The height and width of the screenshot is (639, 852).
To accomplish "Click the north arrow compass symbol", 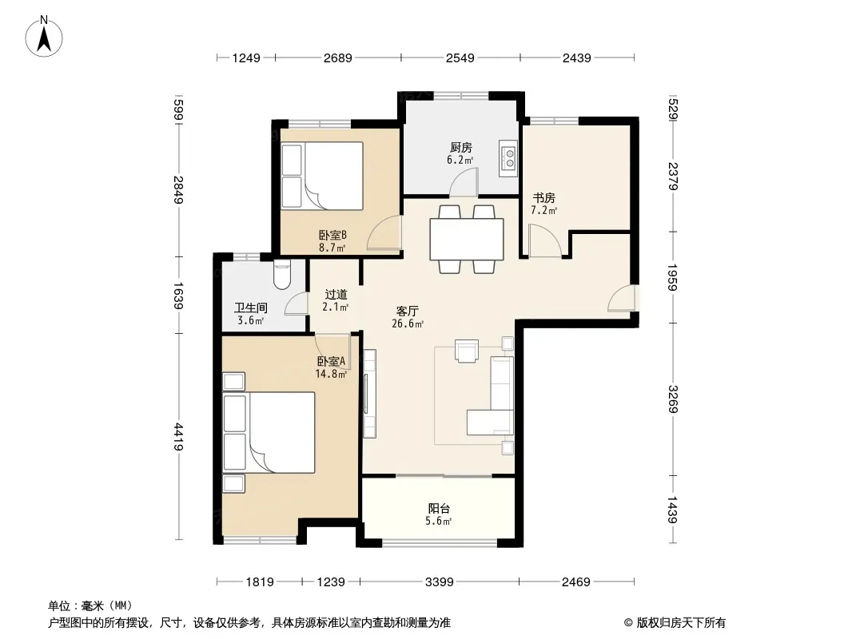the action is click(44, 37).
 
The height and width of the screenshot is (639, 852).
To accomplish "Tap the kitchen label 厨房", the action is click(461, 147).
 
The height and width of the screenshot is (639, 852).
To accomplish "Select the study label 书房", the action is click(543, 197).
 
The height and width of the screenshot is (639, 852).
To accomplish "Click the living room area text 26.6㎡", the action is click(408, 324).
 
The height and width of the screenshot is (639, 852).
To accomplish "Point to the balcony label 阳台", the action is click(439, 509).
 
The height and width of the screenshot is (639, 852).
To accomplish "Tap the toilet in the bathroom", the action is click(282, 274).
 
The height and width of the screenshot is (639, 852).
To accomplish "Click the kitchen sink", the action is click(508, 158).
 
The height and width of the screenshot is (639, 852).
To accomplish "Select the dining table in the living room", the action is click(467, 239).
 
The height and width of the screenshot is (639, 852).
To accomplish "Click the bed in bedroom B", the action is click(322, 176).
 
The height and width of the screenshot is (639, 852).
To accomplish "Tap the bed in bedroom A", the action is click(269, 432).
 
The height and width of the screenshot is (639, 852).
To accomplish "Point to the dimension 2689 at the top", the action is click(338, 58).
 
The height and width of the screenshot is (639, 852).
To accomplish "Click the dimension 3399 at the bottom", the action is click(439, 582).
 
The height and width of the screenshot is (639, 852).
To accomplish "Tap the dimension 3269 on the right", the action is click(673, 399).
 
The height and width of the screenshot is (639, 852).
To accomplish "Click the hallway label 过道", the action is click(336, 294).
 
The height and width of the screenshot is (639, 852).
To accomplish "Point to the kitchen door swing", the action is click(464, 181).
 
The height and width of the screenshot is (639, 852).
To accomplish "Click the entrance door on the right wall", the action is click(622, 297).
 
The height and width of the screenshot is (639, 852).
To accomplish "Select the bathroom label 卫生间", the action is click(251, 308).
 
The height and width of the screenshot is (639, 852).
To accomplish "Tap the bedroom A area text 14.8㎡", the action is click(331, 374).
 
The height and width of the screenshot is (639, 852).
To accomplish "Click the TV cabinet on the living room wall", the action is click(369, 394).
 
